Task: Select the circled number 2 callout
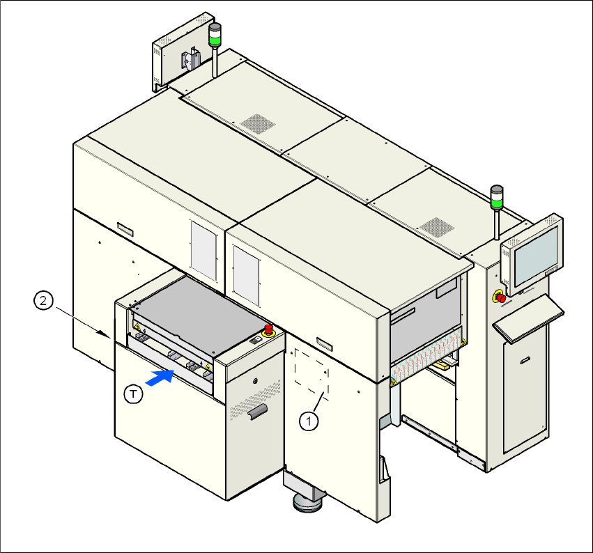pos(43,301)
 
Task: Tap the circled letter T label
pos(133,394)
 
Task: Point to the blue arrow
pos(161,377)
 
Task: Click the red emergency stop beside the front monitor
pos(500,297)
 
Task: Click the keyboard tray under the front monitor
pos(528,322)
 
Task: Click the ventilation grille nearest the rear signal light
pos(259,123)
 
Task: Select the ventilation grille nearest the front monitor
pos(436,228)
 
